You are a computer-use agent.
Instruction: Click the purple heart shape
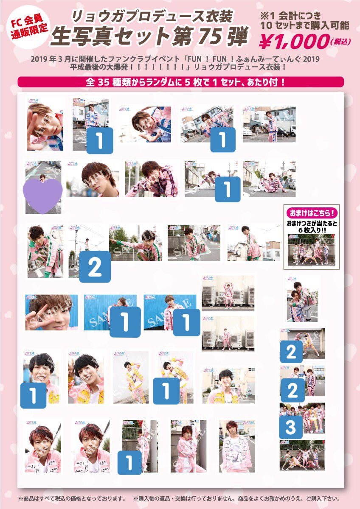click(x=44, y=190)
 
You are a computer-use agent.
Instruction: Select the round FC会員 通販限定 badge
click(x=25, y=26)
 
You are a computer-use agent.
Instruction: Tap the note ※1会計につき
click(x=305, y=14)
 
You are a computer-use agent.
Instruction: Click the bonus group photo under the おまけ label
click(x=311, y=250)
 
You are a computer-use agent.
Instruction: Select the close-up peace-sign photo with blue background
click(x=51, y=312)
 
